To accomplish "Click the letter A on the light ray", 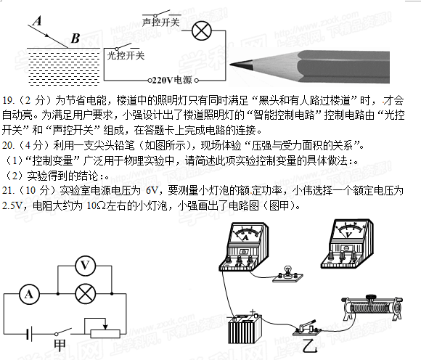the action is click(x=38, y=20).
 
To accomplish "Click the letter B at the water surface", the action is click(x=75, y=38).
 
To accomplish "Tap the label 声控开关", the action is click(x=160, y=22).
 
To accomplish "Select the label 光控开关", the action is click(x=126, y=56).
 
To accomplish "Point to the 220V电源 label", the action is click(x=172, y=80).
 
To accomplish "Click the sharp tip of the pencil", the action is click(x=231, y=65).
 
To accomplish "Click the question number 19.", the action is click(x=8, y=101).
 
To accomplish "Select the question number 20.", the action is click(x=8, y=146).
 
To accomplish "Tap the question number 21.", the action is click(x=8, y=191).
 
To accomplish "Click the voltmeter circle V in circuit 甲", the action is click(x=85, y=266).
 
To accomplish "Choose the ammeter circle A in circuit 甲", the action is click(x=29, y=294).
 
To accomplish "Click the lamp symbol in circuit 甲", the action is click(x=86, y=294).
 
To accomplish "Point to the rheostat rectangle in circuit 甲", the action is click(x=105, y=334).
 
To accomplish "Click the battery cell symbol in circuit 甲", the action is click(x=30, y=334).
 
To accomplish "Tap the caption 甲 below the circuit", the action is click(x=60, y=345).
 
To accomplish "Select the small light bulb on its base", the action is click(x=288, y=274).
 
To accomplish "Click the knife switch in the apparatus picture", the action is click(x=306, y=328).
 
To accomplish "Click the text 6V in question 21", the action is click(x=152, y=191).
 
